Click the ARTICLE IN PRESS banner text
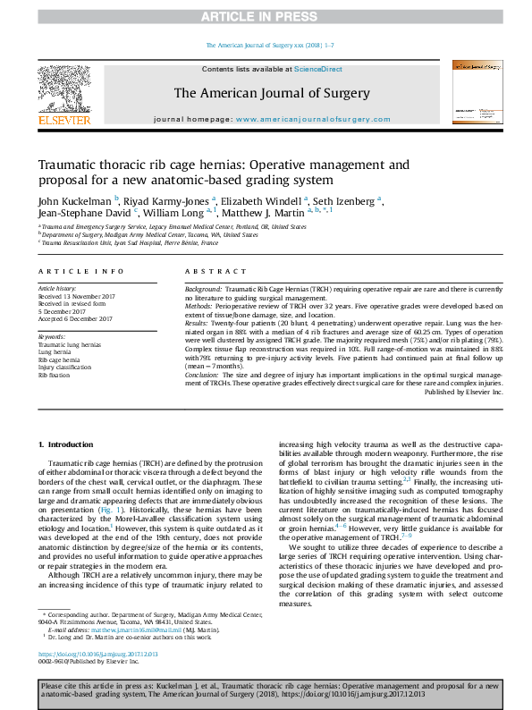[x=266, y=16]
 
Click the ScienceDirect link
[x=318, y=69]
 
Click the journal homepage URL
[x=300, y=119]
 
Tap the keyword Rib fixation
[x=55, y=376]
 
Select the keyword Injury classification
[x=64, y=368]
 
